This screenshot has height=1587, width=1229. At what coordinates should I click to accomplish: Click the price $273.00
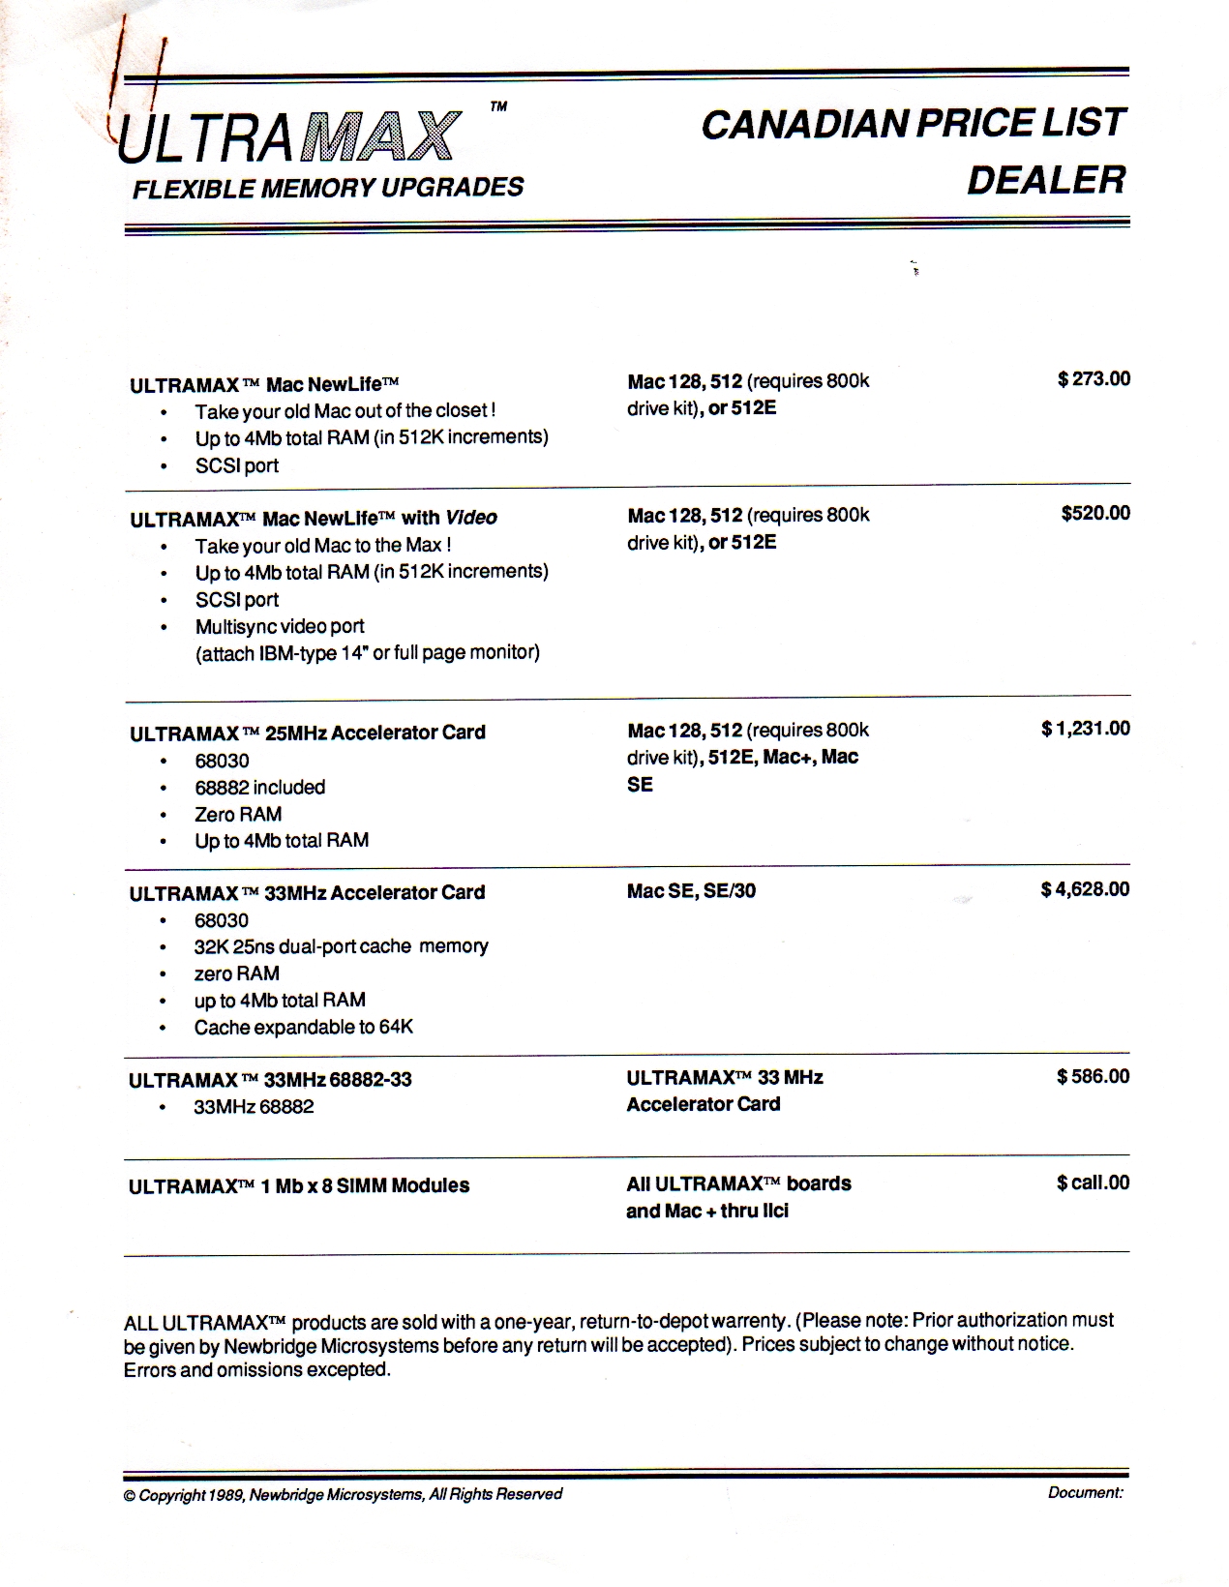[1094, 379]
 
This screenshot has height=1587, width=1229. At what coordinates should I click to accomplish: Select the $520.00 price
[1095, 513]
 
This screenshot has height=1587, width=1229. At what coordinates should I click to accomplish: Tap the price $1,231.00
[1085, 729]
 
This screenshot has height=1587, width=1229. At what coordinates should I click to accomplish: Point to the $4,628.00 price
[1085, 889]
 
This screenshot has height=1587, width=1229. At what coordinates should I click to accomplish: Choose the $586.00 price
[1093, 1076]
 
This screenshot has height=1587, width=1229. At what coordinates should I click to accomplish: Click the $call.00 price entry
[1093, 1183]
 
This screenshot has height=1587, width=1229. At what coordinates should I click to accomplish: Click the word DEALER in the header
[1046, 180]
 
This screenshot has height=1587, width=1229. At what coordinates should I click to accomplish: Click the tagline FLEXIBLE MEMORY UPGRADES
[328, 188]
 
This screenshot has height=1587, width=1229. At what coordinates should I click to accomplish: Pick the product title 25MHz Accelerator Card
[308, 734]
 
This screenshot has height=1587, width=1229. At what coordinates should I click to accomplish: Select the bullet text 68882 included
[259, 788]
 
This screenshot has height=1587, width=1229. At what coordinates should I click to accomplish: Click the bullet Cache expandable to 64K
[303, 1028]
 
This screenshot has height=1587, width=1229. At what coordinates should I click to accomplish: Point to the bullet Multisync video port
[280, 627]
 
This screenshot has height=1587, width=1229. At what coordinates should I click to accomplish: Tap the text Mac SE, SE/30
[691, 891]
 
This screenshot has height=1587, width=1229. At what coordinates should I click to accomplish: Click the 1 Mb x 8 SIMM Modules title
[299, 1186]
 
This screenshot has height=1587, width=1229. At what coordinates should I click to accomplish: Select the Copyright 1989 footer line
[343, 1495]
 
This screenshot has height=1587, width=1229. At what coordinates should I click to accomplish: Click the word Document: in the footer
[1085, 1493]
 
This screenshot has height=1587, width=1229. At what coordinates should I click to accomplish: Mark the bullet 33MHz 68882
[254, 1107]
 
